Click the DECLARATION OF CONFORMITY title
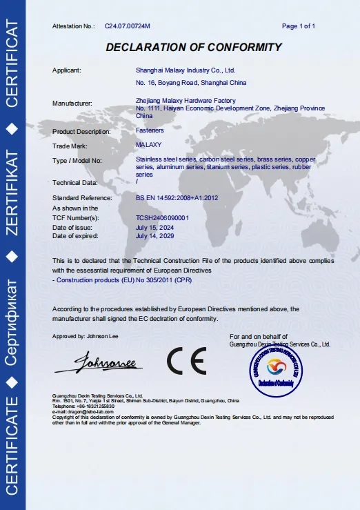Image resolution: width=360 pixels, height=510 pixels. [x=194, y=48]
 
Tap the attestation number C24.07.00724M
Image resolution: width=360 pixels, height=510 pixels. [x=128, y=26]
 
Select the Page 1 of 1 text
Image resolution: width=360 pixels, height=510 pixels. [x=299, y=26]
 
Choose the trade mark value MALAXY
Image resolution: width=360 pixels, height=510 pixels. [x=148, y=145]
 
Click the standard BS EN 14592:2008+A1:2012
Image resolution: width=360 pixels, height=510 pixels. [x=177, y=198]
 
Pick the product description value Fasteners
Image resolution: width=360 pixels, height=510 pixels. [x=149, y=130]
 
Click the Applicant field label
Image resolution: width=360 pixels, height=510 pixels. [x=67, y=70]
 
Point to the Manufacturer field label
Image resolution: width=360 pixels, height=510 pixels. [x=72, y=103]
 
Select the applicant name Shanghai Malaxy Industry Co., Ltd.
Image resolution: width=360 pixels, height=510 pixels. [x=186, y=70]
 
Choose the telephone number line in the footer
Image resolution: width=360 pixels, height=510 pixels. [x=83, y=406]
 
